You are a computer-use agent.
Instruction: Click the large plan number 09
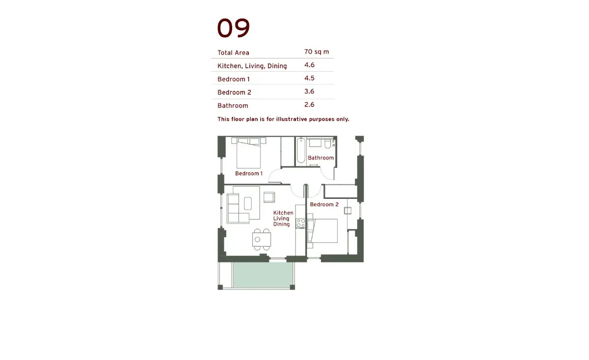(x=233, y=28)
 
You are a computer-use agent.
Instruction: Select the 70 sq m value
(x=316, y=52)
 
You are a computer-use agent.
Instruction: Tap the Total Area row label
(x=233, y=53)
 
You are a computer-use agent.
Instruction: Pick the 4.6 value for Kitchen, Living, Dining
(x=309, y=65)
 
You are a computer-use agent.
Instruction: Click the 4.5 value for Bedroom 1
(x=309, y=78)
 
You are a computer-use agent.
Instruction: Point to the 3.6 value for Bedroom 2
(x=309, y=91)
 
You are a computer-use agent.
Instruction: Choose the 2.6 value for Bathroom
(x=309, y=105)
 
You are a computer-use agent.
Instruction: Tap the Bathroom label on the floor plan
(x=321, y=158)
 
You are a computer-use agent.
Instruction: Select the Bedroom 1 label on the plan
(x=249, y=173)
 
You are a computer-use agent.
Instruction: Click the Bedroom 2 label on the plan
(x=324, y=204)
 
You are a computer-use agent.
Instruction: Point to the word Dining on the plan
(x=281, y=224)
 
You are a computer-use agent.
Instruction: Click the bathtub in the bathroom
(x=301, y=150)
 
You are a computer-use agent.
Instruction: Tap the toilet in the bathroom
(x=328, y=144)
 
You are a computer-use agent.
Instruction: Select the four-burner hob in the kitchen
(x=300, y=223)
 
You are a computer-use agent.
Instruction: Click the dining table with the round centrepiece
(x=261, y=240)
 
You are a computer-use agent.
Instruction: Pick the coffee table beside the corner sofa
(x=248, y=203)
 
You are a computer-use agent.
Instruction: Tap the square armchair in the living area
(x=269, y=197)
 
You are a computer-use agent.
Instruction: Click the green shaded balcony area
(x=263, y=275)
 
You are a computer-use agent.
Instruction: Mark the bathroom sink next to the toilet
(x=315, y=143)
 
